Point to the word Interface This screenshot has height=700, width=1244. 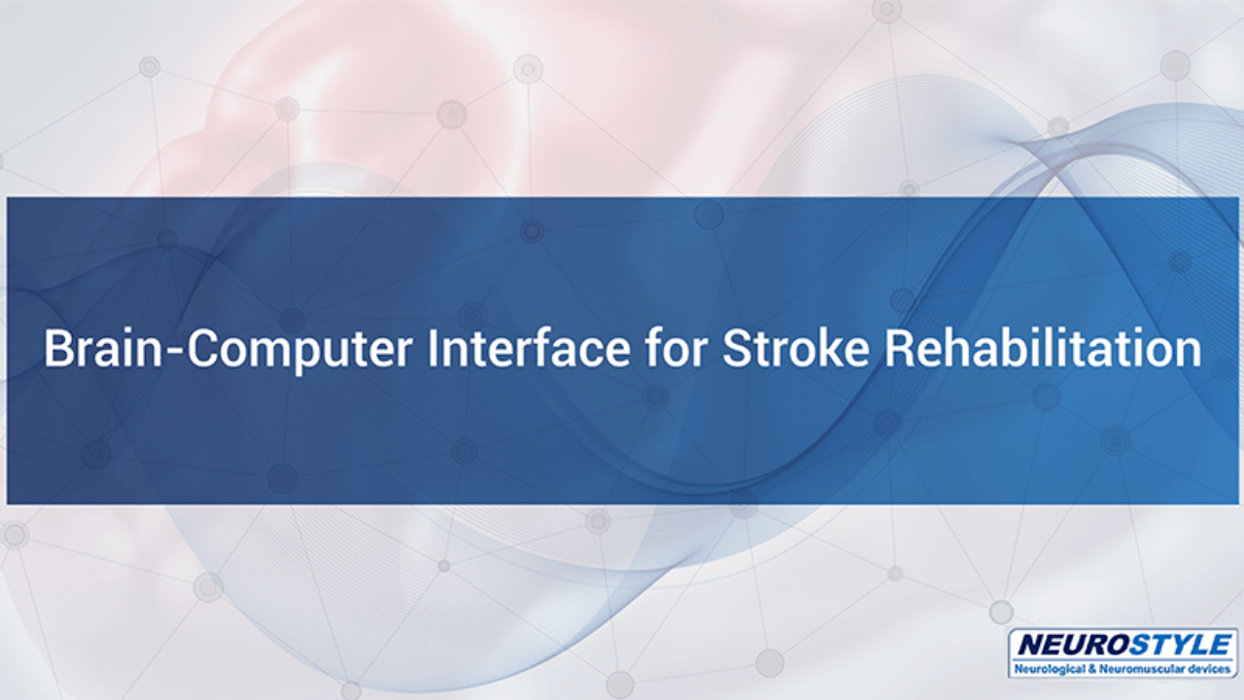point(528,348)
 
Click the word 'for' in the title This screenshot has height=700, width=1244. point(675,348)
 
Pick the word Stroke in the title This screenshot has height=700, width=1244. point(796,348)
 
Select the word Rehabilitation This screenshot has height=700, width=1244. point(1043,348)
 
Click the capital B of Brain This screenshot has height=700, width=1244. point(57,348)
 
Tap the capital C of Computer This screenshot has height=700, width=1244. point(203,348)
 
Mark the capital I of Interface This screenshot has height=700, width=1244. point(431,348)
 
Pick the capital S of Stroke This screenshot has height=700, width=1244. point(737,348)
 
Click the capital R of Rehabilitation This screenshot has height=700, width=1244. point(900,348)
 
